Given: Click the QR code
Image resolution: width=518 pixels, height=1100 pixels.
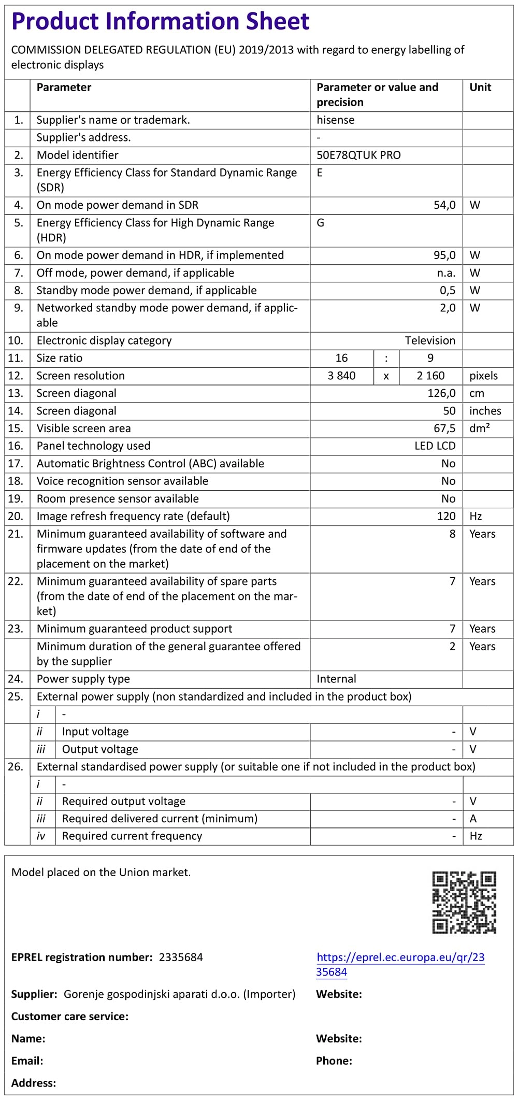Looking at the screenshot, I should [464, 902].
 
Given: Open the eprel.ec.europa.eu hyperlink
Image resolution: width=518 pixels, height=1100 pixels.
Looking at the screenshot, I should [400, 964].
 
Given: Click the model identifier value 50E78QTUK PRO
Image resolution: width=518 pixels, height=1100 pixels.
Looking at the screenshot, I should [358, 155].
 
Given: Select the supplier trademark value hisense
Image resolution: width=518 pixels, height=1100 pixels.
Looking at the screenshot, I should [336, 120].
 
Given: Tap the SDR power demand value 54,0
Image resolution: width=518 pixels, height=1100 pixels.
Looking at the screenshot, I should [444, 205].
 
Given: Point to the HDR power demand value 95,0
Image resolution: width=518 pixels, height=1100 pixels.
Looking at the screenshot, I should [444, 255].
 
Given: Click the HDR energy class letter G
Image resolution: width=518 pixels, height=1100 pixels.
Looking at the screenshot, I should [321, 223].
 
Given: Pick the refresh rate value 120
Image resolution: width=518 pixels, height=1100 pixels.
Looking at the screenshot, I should [446, 516].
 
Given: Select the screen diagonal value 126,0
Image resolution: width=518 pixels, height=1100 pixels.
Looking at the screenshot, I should [441, 393].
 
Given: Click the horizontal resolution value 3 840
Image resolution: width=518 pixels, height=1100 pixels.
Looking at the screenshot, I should [341, 376].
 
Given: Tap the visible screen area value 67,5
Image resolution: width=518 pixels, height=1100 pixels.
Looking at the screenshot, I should [444, 428].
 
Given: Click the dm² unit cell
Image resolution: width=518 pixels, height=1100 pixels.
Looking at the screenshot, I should [480, 428].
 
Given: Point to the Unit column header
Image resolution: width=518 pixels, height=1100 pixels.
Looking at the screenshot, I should [480, 87].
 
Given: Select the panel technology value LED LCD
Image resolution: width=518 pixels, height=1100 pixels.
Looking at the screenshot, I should [435, 446].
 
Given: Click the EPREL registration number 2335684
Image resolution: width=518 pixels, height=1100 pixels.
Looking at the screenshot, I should [181, 957].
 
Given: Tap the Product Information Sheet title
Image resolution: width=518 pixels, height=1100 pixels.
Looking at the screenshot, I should [160, 22].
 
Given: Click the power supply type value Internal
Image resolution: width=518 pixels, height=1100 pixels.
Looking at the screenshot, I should [336, 679].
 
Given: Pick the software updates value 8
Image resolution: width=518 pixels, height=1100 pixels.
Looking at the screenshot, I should [452, 534].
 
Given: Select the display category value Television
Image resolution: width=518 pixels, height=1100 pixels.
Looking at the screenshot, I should [430, 340].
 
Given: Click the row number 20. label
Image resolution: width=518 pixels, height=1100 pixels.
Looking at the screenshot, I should [16, 516].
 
